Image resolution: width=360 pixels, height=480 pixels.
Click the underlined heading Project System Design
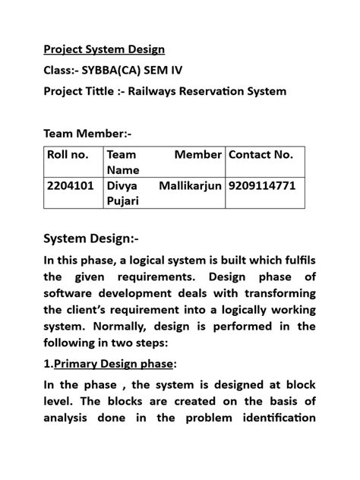tap(103, 50)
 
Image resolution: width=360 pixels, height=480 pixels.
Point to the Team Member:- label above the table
tap(87, 134)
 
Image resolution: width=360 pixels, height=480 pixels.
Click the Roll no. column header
tap(68, 155)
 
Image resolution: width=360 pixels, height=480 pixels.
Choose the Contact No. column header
tap(261, 155)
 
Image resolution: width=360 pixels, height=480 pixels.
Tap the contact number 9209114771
tap(261, 186)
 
